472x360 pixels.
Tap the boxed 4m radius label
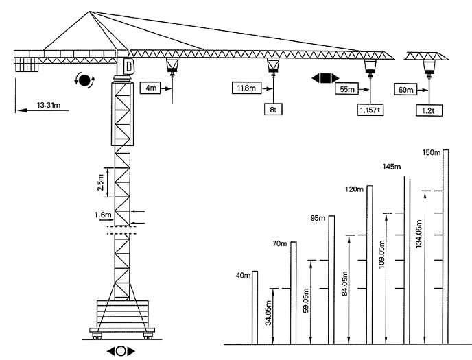point(150,88)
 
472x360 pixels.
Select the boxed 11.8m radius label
point(244,88)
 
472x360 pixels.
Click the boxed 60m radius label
point(405,89)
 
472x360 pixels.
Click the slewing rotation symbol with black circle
point(85,81)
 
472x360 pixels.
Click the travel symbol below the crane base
point(121,350)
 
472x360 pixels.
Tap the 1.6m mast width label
point(102,215)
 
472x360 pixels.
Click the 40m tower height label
point(241,276)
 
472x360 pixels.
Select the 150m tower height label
point(432,152)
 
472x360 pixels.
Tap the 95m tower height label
point(318,219)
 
